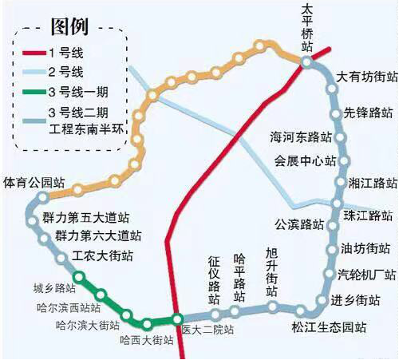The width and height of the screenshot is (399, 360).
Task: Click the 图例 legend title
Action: [69, 26]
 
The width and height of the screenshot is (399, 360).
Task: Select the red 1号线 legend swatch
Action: [34, 53]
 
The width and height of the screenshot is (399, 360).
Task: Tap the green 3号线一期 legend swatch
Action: [34, 92]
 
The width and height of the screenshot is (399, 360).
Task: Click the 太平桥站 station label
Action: [307, 28]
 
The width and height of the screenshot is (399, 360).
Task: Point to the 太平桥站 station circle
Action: [306, 62]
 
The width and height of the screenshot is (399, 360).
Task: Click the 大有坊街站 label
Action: [367, 77]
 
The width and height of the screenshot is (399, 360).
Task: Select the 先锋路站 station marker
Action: [336, 114]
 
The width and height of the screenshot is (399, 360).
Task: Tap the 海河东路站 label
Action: [301, 137]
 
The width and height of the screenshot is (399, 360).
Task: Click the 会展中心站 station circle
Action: [344, 161]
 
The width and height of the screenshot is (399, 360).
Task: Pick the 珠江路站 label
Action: [368, 216]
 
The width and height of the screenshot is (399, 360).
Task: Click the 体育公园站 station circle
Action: [42, 197]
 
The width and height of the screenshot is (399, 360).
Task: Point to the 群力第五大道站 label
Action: [85, 217]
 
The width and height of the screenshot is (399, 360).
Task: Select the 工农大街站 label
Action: [102, 256]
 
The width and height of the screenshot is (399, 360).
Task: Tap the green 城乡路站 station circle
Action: [79, 277]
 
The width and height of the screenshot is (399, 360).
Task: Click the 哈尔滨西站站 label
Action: [69, 308]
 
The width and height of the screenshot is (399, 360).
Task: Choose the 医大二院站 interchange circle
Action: [177, 319]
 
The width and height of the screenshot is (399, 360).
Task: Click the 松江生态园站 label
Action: [329, 327]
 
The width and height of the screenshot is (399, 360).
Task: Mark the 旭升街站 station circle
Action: [272, 307]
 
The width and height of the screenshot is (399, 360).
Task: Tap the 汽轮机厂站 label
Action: [367, 275]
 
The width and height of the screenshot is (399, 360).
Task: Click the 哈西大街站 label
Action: [147, 340]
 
